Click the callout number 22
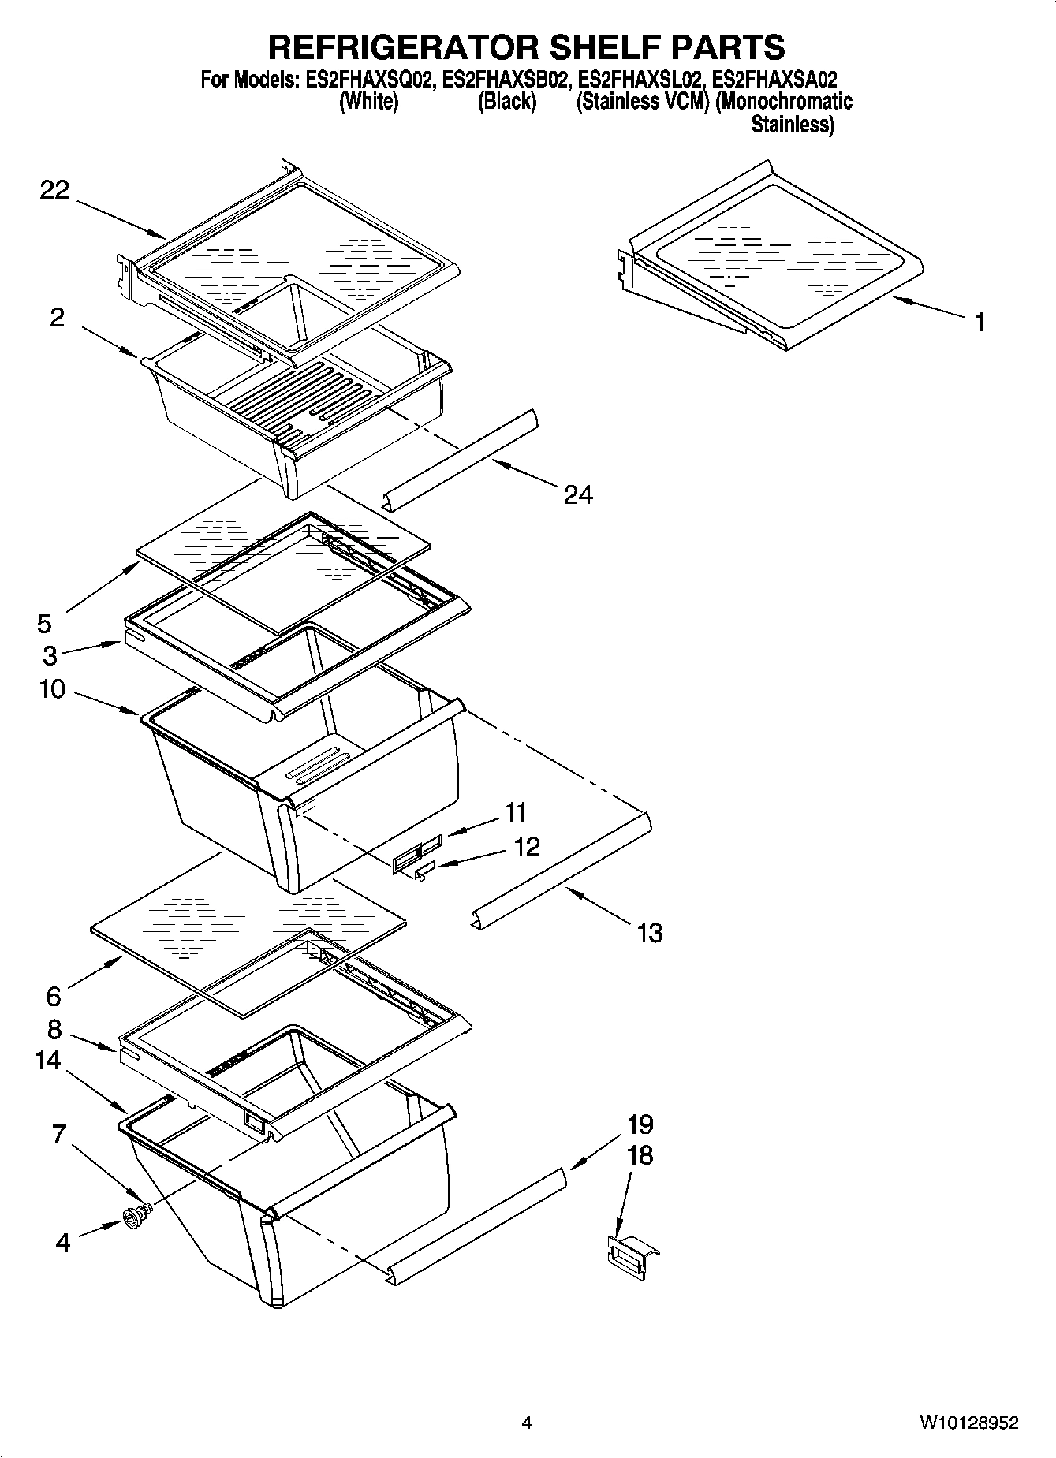click(x=54, y=190)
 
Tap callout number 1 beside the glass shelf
click(x=979, y=323)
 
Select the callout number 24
click(x=578, y=494)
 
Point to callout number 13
click(x=649, y=933)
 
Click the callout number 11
click(x=516, y=811)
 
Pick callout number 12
click(x=526, y=847)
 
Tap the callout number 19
click(x=640, y=1124)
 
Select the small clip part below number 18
click(x=631, y=1253)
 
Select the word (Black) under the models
click(x=507, y=102)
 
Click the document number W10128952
click(x=968, y=1423)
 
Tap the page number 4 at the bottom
click(x=527, y=1423)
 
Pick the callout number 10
click(x=52, y=689)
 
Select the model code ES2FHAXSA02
click(x=774, y=80)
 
